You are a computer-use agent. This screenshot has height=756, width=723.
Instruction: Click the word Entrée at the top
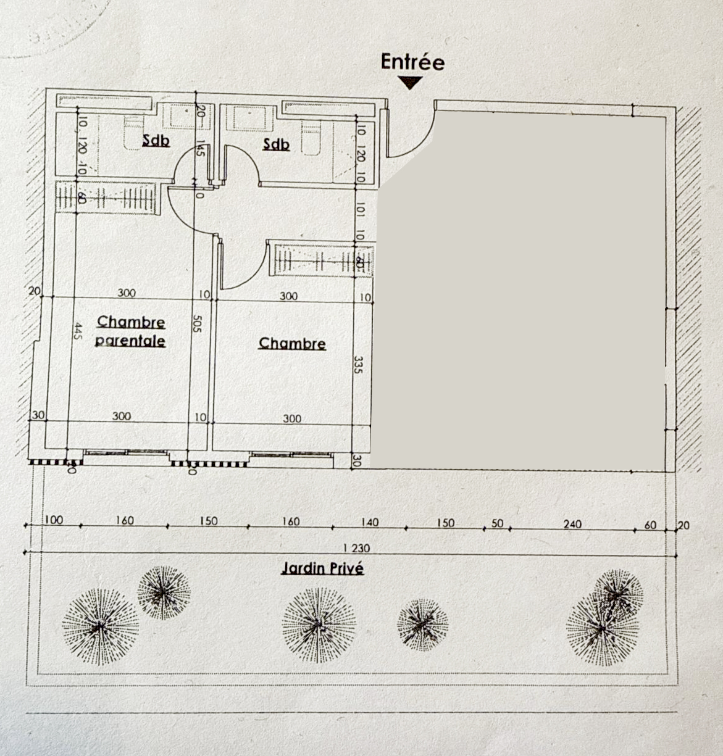pos(412,62)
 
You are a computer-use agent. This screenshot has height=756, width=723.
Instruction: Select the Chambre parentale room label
pos(131,331)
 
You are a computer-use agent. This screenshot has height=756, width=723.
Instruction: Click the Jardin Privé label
pos(322,568)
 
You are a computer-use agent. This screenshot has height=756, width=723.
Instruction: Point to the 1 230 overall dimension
pos(356,547)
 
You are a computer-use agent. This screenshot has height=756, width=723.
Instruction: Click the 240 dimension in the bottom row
pos(572,524)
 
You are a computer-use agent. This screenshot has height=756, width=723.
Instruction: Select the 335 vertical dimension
pos(359,364)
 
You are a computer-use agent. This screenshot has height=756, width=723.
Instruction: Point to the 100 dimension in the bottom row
pos(54,520)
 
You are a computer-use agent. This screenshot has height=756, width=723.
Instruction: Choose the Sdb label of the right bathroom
pos(275,144)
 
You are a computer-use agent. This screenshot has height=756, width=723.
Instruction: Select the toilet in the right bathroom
pos(312,136)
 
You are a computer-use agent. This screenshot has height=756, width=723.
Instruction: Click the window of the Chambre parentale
pos(126,454)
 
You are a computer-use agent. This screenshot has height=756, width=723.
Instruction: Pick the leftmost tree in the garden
pos(99,626)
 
